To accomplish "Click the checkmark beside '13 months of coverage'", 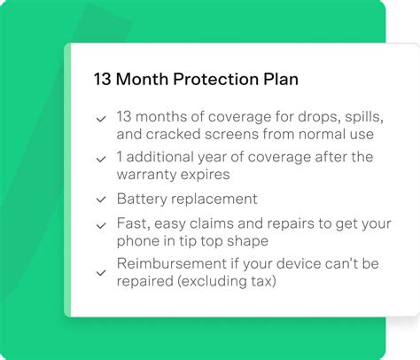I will pyautogui.click(x=102, y=118).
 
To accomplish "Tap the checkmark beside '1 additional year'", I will pyautogui.click(x=102, y=158).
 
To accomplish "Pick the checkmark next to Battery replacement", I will pyautogui.click(x=102, y=200).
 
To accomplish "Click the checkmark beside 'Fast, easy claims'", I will pyautogui.click(x=102, y=226).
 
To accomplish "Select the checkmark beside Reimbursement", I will pyautogui.click(x=102, y=274).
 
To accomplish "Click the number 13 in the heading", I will pyautogui.click(x=103, y=79).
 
